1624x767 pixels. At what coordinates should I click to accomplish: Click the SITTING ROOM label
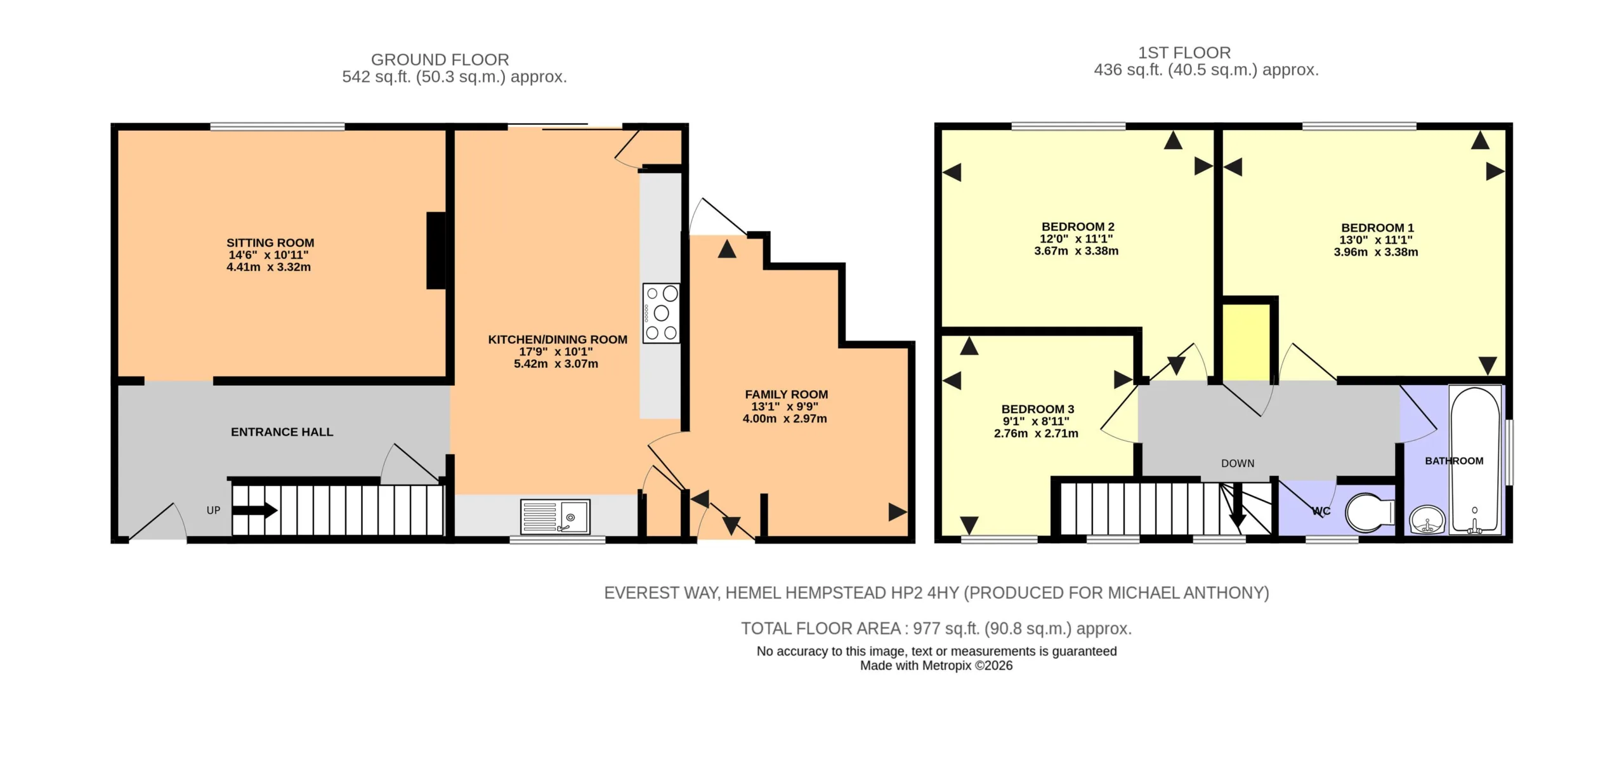point(270,243)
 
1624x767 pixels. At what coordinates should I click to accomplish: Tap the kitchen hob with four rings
point(661,313)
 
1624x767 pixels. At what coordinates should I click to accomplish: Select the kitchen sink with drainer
point(555,516)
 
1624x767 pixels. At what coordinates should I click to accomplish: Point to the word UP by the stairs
point(213,510)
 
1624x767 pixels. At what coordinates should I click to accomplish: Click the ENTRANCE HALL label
point(282,432)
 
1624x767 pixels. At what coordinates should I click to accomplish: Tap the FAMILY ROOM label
point(786,395)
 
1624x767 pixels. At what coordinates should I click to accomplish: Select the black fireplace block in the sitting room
point(436,251)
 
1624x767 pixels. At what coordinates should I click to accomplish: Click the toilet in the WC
point(1369,513)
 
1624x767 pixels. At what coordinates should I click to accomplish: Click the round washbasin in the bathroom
point(1427,520)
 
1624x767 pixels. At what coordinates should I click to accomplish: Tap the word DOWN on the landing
point(1238,464)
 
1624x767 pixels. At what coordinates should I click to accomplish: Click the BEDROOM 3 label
point(1038,409)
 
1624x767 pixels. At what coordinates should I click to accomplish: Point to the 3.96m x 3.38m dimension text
point(1375,252)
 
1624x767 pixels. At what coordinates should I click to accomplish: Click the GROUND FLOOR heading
point(440,60)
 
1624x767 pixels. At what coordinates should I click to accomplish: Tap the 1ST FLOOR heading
point(1184,53)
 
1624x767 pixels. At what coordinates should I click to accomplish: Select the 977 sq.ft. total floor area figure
point(948,629)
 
